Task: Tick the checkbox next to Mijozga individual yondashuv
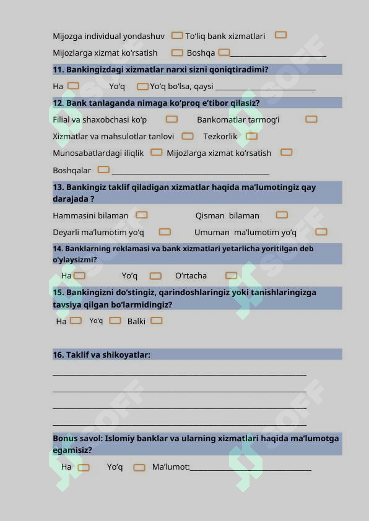click(x=177, y=36)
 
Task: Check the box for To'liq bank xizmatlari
click(x=280, y=35)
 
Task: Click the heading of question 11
click(x=160, y=69)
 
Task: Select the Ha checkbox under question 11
click(x=73, y=86)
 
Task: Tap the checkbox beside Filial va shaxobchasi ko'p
click(x=171, y=119)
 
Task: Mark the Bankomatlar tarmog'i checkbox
click(x=311, y=119)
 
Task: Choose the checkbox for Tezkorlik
click(x=251, y=136)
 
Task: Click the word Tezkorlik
click(x=220, y=136)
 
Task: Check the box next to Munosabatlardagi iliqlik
click(x=157, y=152)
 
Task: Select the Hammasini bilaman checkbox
click(x=142, y=215)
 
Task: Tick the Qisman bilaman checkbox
click(x=282, y=215)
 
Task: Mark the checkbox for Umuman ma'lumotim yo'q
click(x=321, y=232)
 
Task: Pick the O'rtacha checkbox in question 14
click(x=231, y=275)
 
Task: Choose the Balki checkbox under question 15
click(x=157, y=321)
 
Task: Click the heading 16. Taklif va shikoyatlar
click(x=102, y=355)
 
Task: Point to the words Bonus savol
click(x=77, y=438)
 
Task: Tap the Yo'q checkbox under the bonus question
click(x=139, y=467)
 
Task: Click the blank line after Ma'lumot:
click(x=250, y=470)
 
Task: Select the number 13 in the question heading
click(x=58, y=187)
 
